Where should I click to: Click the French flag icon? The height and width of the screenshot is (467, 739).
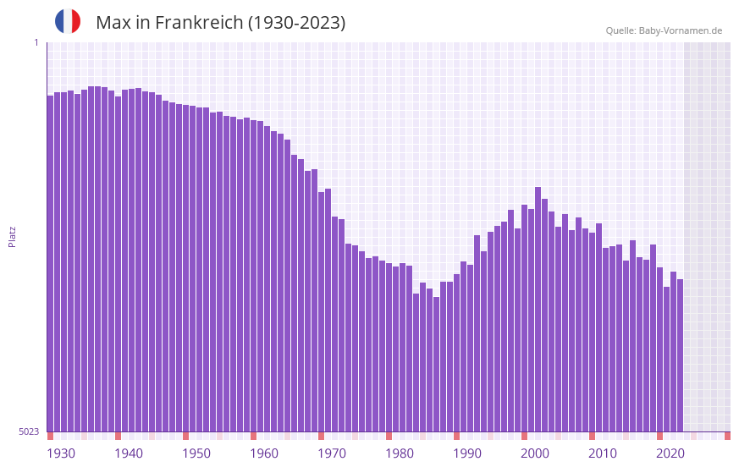coord(68,22)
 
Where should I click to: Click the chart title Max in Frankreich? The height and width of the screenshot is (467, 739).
coord(220,23)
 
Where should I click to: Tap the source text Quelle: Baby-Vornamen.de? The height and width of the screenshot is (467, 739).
coord(664,30)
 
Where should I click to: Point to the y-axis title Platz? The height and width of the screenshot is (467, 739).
coord(12,236)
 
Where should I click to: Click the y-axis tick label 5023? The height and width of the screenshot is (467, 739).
coord(29,431)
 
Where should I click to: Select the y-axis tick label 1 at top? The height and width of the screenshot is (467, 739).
coord(36,42)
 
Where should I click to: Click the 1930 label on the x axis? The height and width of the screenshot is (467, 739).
coord(61,453)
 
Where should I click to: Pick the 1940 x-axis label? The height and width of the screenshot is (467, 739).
coord(129,453)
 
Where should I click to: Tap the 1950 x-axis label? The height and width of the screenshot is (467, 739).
coord(196,453)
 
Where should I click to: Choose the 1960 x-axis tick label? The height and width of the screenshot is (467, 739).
coord(264,453)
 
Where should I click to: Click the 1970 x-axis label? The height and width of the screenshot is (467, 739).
coord(332,453)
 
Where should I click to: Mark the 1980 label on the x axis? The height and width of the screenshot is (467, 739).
coord(400,453)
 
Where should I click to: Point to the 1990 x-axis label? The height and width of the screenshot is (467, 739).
coord(467,453)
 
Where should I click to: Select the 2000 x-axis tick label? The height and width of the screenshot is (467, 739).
coord(535,453)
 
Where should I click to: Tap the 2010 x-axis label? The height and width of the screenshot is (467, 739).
coord(603,453)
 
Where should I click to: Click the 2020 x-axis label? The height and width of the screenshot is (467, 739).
coord(670,453)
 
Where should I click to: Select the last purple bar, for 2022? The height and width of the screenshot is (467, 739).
coord(680,355)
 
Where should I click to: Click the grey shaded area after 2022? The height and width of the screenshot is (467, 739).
coord(707,237)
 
